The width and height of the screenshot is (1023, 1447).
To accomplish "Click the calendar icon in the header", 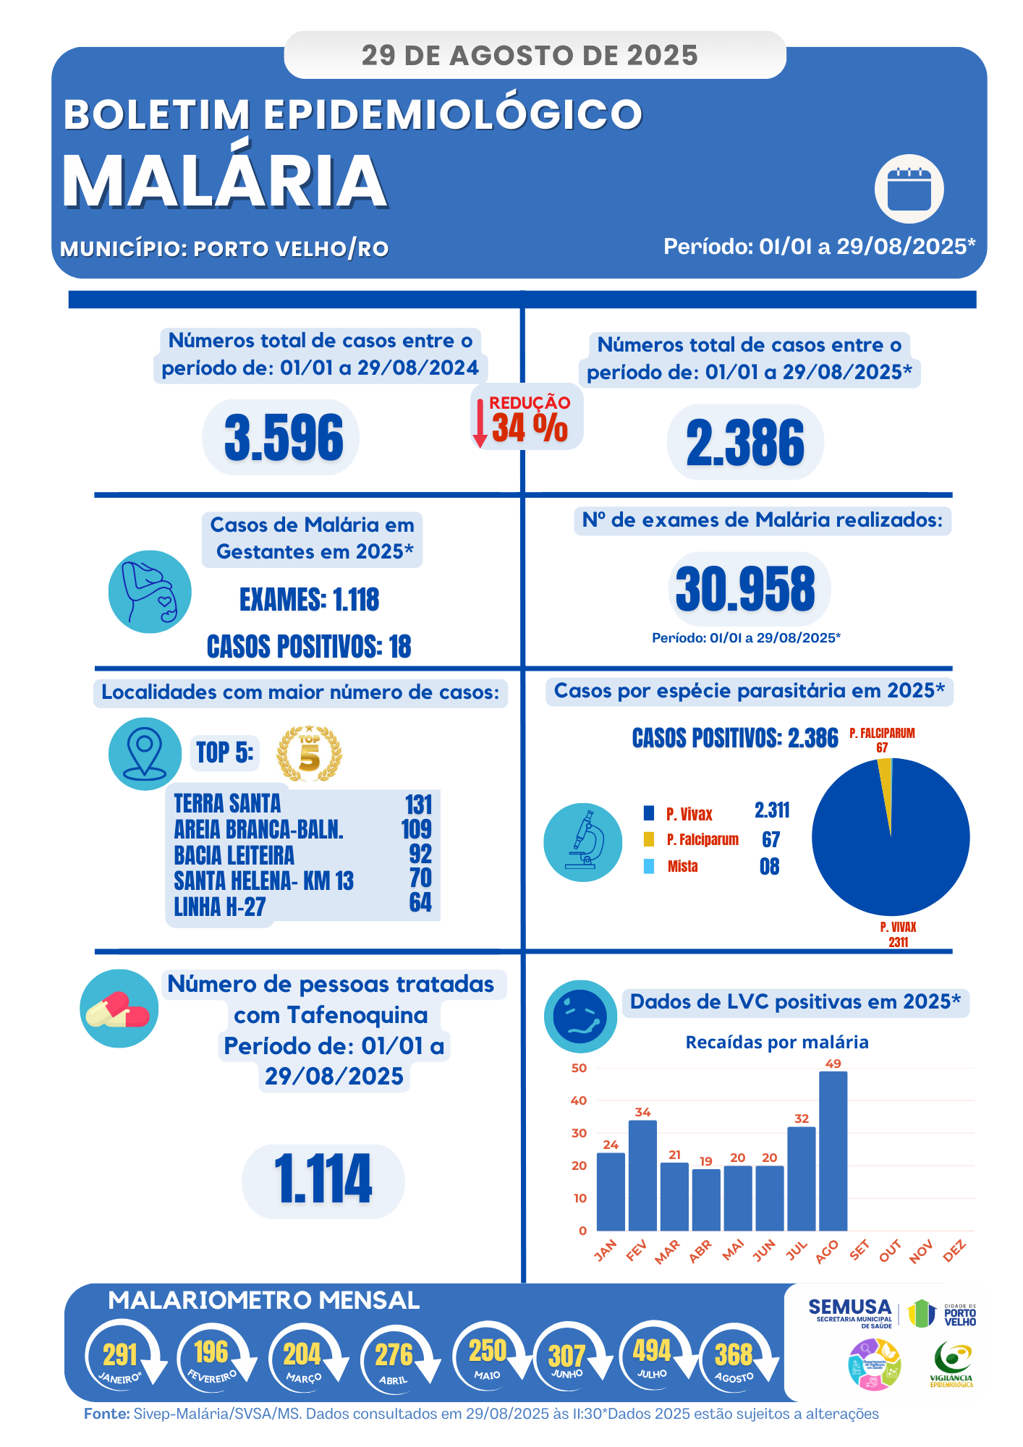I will [909, 190].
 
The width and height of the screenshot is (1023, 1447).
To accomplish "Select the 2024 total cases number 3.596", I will [284, 438].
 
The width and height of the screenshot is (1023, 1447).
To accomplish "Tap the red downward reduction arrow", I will [480, 423].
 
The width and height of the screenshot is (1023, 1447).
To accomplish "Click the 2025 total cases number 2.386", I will [745, 442].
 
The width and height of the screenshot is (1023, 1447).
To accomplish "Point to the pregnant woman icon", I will [150, 592].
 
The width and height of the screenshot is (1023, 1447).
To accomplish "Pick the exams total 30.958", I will [746, 589].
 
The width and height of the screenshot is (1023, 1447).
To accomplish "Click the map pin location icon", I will [145, 752].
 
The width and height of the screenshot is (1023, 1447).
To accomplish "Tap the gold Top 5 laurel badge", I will [309, 754].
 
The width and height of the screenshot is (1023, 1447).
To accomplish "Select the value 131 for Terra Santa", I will [418, 805].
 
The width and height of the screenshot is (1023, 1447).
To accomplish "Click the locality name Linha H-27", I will [220, 907].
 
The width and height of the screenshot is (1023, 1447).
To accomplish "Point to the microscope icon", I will [583, 841].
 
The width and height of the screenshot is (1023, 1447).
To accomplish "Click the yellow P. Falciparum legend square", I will [649, 839].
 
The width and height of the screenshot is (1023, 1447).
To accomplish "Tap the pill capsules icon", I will [118, 1009].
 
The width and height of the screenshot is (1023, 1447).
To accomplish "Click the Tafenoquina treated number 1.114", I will [323, 1180].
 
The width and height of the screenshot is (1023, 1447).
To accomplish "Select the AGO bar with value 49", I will [833, 1150].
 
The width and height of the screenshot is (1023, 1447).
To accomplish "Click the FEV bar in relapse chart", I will [642, 1175].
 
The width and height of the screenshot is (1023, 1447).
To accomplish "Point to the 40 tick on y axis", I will [579, 1100].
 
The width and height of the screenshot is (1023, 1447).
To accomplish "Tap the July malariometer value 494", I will [652, 1350].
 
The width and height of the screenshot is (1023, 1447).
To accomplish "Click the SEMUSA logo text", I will [849, 1307].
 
